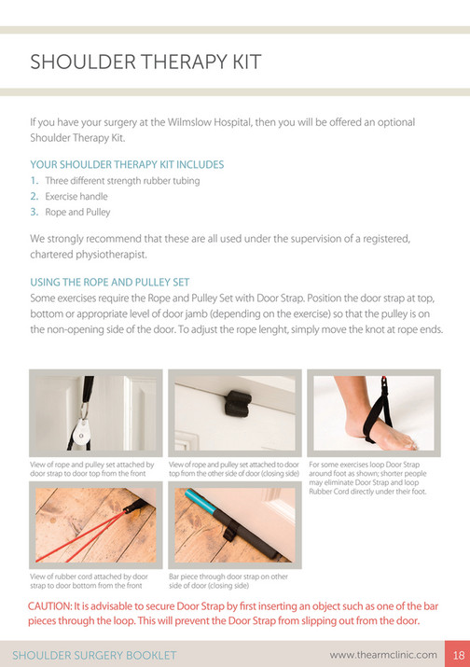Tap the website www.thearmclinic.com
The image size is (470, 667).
point(383,654)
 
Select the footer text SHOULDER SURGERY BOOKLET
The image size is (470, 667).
point(94,654)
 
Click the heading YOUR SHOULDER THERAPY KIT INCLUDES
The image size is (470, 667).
point(127,164)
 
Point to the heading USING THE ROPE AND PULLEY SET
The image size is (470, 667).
point(110,281)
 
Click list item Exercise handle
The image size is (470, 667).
point(76,196)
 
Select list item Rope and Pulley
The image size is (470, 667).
point(77,212)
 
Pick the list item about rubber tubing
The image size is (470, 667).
point(122,180)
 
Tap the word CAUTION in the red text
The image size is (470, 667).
point(54,606)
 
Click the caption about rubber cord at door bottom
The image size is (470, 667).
point(89,581)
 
